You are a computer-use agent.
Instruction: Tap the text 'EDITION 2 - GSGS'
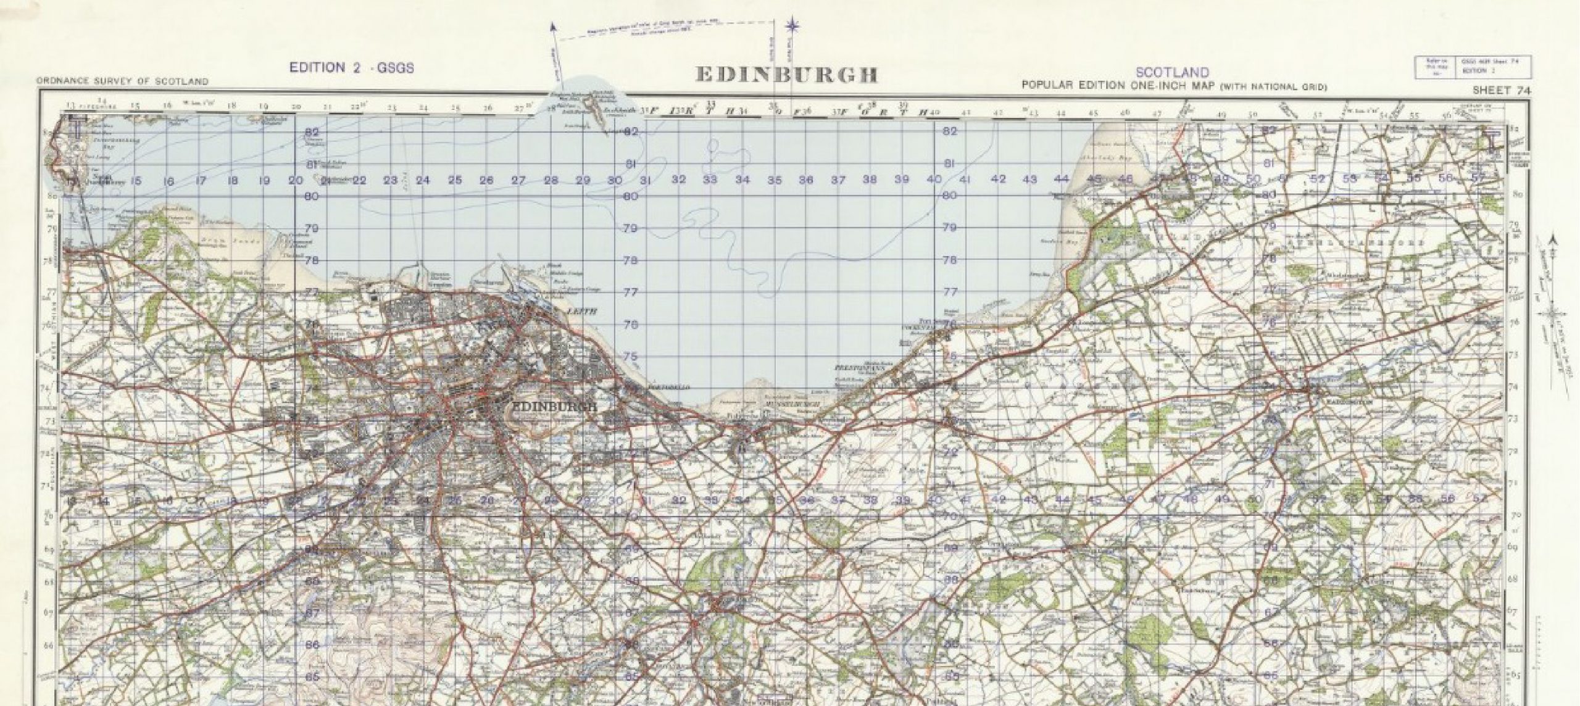pyautogui.click(x=352, y=69)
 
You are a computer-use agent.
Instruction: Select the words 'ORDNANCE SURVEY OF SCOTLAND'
pyautogui.click(x=122, y=81)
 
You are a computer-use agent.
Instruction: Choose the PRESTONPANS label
pyautogui.click(x=860, y=367)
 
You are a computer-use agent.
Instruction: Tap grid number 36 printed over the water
pyautogui.click(x=806, y=180)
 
